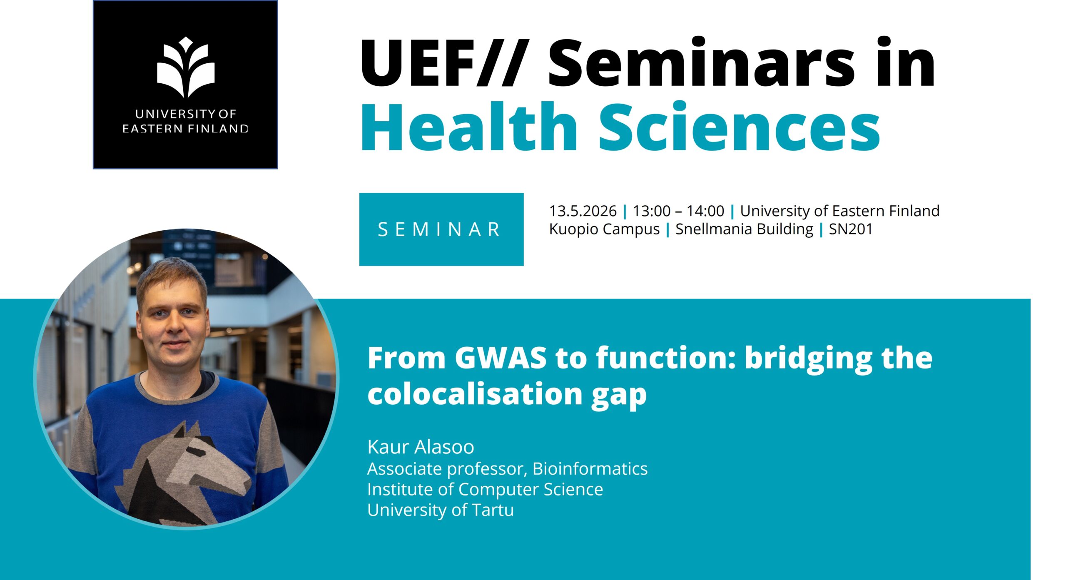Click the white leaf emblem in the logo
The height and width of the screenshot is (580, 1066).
click(x=186, y=67)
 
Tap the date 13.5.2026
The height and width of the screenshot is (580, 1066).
click(x=583, y=211)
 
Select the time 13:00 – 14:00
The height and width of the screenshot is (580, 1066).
click(x=678, y=211)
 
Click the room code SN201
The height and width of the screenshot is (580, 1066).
click(x=850, y=229)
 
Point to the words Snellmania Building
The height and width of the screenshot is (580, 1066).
click(x=744, y=229)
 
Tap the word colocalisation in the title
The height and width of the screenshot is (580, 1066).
click(x=475, y=393)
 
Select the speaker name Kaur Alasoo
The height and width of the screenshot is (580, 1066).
click(x=421, y=447)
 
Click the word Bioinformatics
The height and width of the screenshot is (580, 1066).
click(x=590, y=469)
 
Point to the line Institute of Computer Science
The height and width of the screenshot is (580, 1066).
click(x=485, y=490)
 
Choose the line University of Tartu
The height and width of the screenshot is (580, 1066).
click(x=441, y=510)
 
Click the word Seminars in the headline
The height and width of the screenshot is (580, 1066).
click(x=701, y=62)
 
